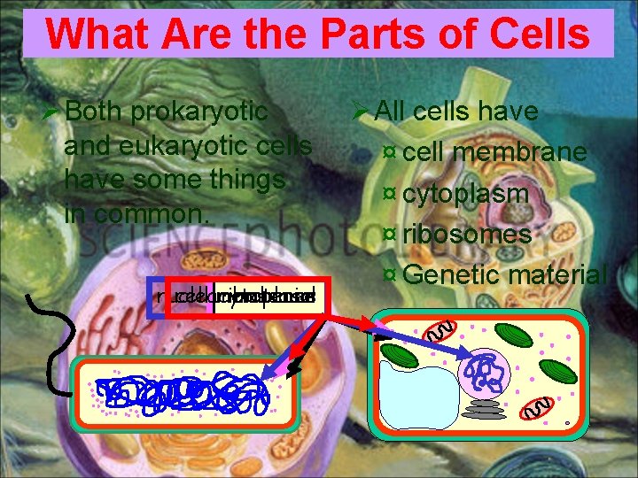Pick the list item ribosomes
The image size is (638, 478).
click(x=467, y=235)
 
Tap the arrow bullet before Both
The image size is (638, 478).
click(x=52, y=112)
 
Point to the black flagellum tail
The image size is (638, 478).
click(x=44, y=336)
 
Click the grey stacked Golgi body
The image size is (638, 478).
click(x=484, y=408)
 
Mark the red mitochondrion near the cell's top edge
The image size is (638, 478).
click(x=442, y=331)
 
